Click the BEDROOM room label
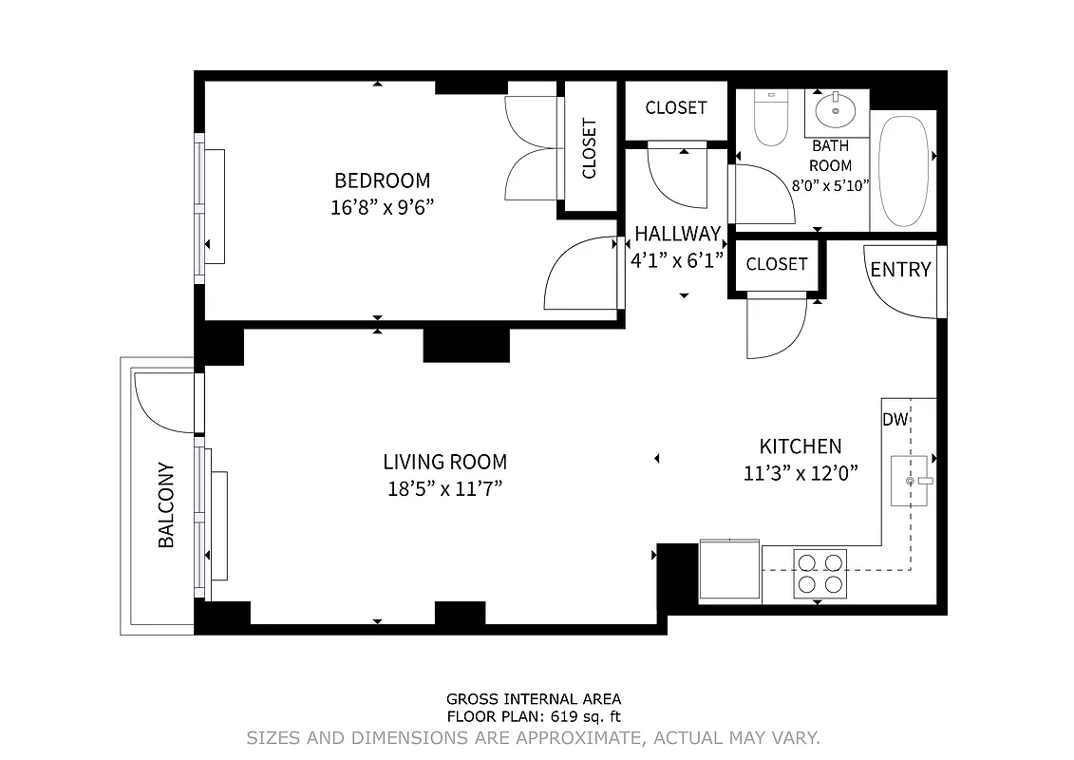coord(382,180)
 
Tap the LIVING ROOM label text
coord(444,463)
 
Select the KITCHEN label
coord(800,446)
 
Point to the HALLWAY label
coord(677,234)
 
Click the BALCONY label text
coord(166,504)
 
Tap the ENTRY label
coord(900,270)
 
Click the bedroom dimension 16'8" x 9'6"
coord(382,208)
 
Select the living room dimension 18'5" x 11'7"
coord(444,490)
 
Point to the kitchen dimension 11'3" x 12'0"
coord(801,473)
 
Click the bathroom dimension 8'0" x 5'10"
coord(830,186)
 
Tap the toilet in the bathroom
coord(770,118)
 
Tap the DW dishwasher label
coord(894,420)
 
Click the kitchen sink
coord(909,481)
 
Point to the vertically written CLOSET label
coord(589,148)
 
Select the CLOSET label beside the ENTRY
coord(776,264)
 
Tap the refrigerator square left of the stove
coord(729,571)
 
